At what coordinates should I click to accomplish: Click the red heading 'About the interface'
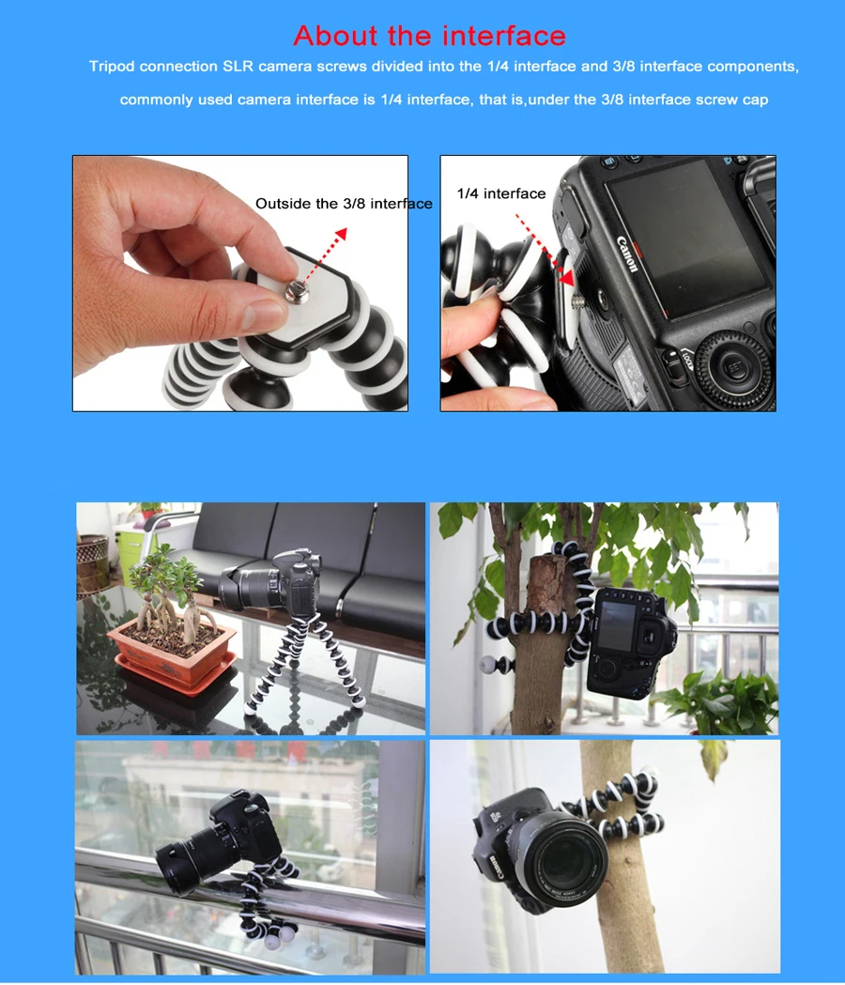[430, 36]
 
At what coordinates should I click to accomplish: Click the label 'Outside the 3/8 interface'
[344, 204]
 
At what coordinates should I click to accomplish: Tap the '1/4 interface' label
[500, 193]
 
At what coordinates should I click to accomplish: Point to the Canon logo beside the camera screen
[627, 254]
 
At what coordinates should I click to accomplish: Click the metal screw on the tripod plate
[293, 295]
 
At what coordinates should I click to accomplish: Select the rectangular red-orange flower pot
[172, 654]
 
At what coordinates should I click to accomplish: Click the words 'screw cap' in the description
[731, 100]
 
